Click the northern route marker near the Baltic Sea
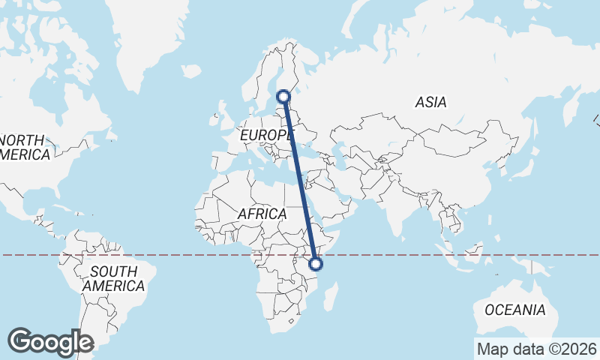(x=283, y=96)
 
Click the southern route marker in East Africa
(x=316, y=263)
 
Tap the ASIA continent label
(x=430, y=103)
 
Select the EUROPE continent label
(x=267, y=135)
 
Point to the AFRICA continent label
(x=262, y=214)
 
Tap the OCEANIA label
(x=515, y=310)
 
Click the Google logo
(x=50, y=342)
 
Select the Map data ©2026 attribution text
(x=537, y=349)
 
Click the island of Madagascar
(x=328, y=298)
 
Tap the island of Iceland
(x=191, y=72)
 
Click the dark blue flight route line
(x=299, y=180)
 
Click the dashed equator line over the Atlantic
(x=187, y=255)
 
